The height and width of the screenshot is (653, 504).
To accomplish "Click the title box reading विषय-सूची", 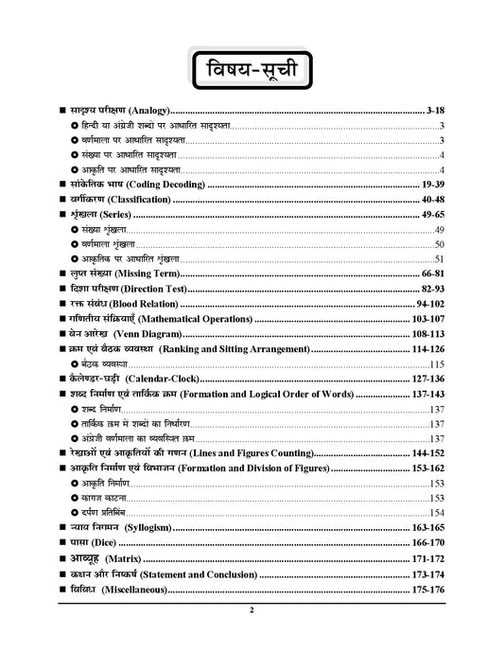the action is [x=252, y=72].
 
